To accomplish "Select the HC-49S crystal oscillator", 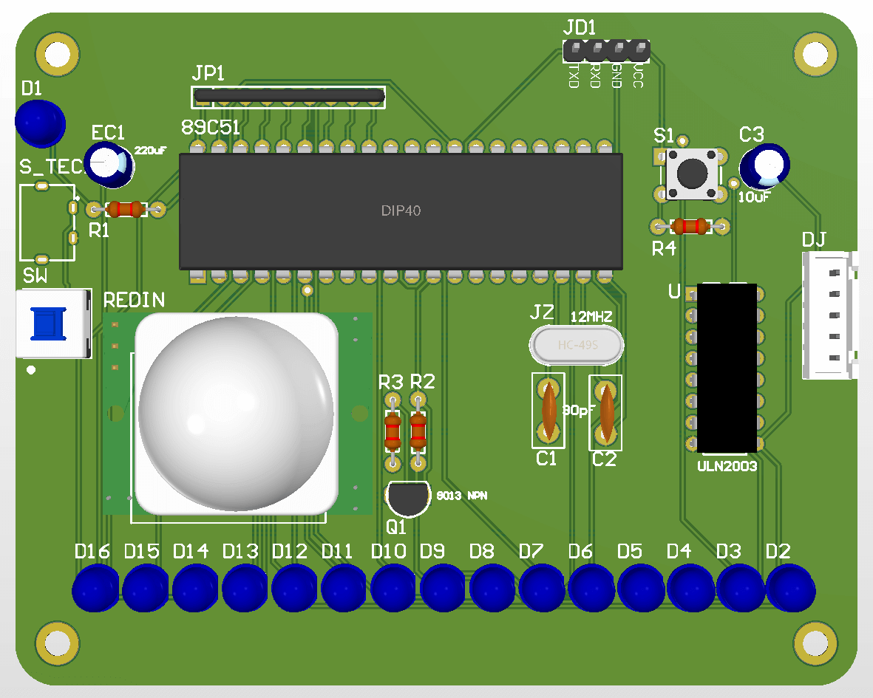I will (x=577, y=345).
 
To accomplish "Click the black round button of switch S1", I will (x=692, y=174).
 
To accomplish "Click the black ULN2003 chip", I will (x=727, y=368).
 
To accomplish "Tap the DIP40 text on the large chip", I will (x=401, y=211).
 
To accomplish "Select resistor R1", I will (x=126, y=209).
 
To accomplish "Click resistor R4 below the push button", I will (x=692, y=226).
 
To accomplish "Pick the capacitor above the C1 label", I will (x=548, y=411).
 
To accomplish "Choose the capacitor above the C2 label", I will (x=605, y=411).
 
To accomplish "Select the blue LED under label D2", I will (x=789, y=588).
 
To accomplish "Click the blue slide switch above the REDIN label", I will (x=46, y=324).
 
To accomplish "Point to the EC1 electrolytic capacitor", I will (x=109, y=164).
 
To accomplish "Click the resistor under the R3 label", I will (x=392, y=432).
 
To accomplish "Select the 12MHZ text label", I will (x=591, y=317).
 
